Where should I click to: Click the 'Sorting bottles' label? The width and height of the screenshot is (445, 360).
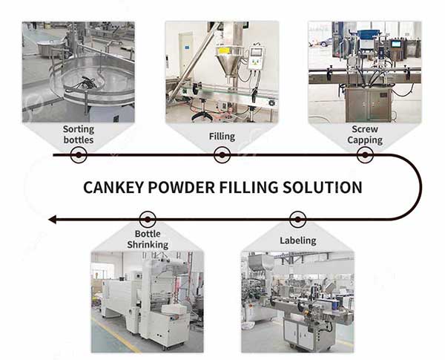79,134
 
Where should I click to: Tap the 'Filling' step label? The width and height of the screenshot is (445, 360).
222,137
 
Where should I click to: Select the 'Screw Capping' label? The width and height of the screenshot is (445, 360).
365,134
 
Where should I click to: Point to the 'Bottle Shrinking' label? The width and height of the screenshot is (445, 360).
148,239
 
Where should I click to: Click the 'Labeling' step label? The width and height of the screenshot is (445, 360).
298,240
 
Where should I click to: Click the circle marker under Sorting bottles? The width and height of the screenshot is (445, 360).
79,155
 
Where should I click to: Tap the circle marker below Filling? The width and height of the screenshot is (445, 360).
222,155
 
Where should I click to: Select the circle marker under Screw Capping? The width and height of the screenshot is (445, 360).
365,155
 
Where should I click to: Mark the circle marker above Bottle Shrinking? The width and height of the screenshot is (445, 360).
148,220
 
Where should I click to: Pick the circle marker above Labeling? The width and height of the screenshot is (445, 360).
297,220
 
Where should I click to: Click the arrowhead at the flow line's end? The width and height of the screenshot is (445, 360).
52,220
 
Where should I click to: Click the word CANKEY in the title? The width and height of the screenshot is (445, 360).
113,188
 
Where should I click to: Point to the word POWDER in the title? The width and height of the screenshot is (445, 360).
182,188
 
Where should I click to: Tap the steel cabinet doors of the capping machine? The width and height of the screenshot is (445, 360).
368,104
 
